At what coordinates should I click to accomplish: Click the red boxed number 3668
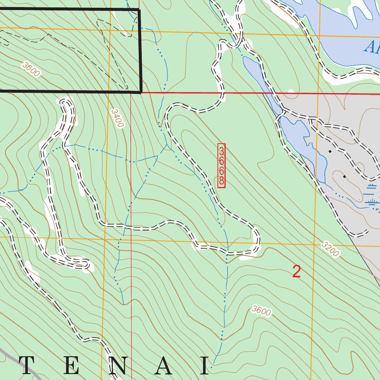coord(221,166)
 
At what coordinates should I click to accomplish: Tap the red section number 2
coord(297,272)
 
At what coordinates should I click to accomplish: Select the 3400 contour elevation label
coord(117,118)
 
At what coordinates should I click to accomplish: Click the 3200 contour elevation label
coord(330,249)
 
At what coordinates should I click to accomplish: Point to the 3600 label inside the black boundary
coord(31,69)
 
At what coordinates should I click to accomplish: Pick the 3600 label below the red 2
coord(261,311)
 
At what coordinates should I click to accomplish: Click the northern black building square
coord(330,151)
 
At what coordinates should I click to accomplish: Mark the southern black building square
coord(344,177)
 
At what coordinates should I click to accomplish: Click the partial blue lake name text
coord(371,47)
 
